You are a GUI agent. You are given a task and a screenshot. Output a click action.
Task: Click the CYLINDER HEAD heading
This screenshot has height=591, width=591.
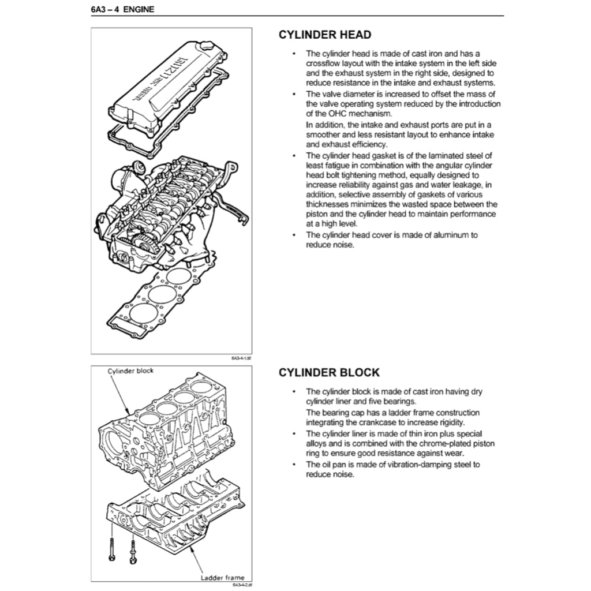click(325, 35)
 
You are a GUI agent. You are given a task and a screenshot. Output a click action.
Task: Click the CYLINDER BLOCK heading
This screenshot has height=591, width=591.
click(329, 373)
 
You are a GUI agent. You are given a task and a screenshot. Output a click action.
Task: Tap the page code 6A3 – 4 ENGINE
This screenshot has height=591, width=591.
click(122, 9)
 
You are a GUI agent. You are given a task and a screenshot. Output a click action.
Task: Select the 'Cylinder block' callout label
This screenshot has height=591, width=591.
click(131, 371)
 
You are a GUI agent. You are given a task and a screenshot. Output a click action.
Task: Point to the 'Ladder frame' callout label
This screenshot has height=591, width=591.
click(222, 577)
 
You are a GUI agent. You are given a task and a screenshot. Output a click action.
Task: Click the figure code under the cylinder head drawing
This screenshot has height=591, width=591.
click(237, 358)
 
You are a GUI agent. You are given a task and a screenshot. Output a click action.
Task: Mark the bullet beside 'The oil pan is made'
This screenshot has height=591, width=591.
click(294, 465)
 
